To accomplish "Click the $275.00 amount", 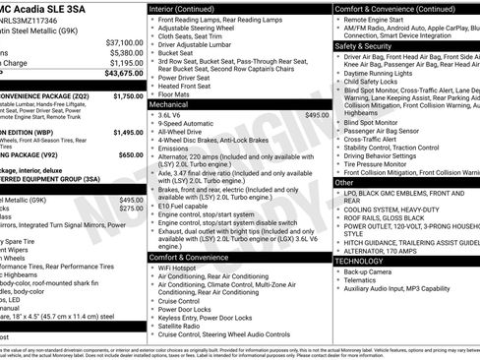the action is pos(131,209).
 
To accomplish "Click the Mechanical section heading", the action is pos(168,103).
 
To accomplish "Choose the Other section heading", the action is pos(345,182).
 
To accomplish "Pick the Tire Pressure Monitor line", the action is pos(385,163).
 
